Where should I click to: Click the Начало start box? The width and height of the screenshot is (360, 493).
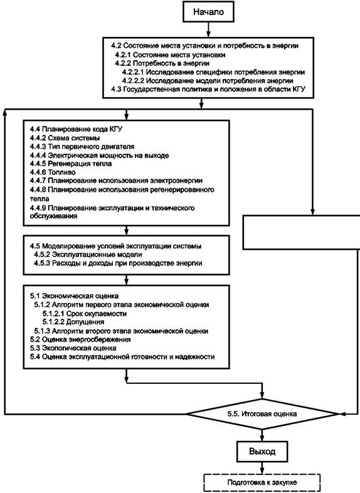click(x=208, y=13)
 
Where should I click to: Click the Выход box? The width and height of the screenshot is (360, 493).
click(x=262, y=452)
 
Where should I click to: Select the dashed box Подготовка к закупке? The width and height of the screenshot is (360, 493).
click(x=262, y=482)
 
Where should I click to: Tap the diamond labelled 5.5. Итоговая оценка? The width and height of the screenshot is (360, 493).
click(x=262, y=414)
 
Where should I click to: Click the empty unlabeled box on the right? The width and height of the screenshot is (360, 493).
click(x=302, y=232)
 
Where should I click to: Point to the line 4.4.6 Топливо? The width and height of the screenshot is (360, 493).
click(x=53, y=172)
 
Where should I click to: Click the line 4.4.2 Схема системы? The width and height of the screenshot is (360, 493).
click(x=65, y=138)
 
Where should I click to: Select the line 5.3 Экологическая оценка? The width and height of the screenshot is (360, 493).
click(x=73, y=348)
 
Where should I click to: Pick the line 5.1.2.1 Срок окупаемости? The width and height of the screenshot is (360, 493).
click(x=85, y=314)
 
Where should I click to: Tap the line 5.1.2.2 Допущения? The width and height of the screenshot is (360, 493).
click(x=73, y=322)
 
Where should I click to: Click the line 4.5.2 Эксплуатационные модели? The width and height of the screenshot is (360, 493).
click(x=88, y=255)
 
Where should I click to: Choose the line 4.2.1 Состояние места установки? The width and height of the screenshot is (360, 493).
click(x=170, y=55)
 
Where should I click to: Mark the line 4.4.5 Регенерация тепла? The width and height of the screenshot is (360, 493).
click(x=71, y=164)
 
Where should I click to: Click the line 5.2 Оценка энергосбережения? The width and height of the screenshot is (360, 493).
click(x=80, y=339)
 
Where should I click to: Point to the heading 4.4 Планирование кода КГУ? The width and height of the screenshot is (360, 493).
click(x=76, y=129)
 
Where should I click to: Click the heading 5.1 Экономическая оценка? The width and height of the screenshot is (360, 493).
click(x=74, y=296)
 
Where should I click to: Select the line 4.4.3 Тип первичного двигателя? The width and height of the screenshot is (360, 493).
click(x=82, y=147)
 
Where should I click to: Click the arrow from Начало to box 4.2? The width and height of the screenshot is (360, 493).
click(x=208, y=30)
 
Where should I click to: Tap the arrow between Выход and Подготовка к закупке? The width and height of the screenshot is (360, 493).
click(x=262, y=468)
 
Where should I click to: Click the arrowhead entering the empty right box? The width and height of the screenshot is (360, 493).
click(x=312, y=211)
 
